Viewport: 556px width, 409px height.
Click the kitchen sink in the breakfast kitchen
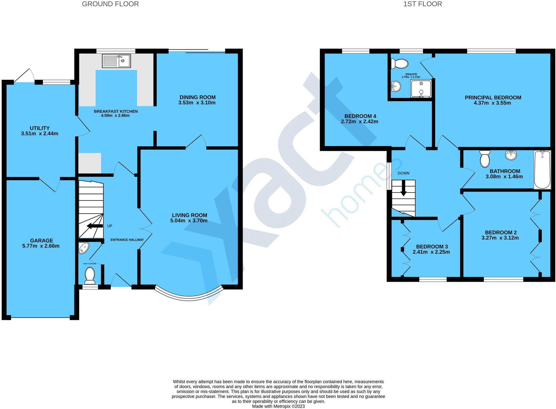[x=116, y=61]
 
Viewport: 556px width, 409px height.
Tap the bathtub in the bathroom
[x=542, y=169]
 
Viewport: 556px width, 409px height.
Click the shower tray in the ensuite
[x=421, y=88]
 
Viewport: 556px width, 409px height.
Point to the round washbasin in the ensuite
[x=396, y=86]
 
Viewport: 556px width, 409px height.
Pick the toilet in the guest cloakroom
[x=90, y=275]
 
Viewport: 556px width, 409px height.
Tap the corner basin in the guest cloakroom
[x=84, y=248]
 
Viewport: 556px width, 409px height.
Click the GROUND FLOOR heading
[x=110, y=4]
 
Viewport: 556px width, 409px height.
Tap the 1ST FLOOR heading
[x=423, y=4]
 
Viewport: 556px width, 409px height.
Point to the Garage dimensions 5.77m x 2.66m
[x=41, y=246]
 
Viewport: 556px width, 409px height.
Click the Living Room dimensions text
[x=189, y=221]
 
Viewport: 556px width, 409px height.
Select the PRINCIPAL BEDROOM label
[x=493, y=98]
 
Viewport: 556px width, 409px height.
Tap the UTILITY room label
[x=40, y=128]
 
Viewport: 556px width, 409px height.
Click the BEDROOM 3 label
[x=432, y=246]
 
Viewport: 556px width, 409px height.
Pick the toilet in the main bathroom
[x=485, y=158]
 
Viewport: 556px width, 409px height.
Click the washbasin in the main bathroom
[x=511, y=155]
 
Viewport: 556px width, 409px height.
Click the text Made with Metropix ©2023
[x=278, y=406]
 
